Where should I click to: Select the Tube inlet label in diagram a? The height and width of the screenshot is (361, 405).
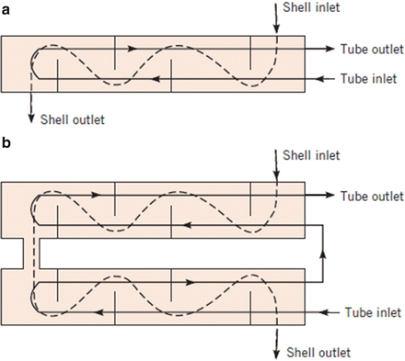[368, 79]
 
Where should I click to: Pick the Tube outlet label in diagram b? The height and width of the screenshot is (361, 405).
[372, 196]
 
